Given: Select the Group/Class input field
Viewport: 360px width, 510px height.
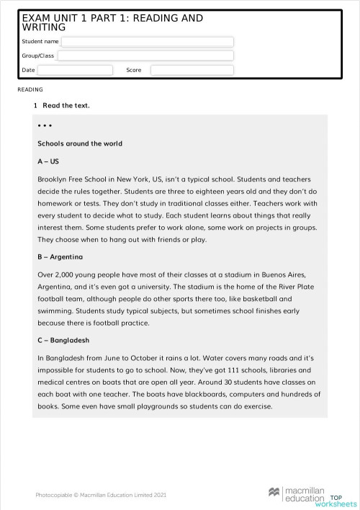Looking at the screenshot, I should coord(145,55).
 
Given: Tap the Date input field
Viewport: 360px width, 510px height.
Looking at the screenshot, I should coord(75,70).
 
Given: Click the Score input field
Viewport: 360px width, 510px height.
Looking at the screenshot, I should coord(192,70).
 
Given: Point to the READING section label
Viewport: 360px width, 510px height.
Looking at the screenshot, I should coord(30,89).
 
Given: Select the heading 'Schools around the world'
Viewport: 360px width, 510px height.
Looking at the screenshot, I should coord(79,143).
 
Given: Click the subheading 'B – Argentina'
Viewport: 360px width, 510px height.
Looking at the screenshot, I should coord(60,256).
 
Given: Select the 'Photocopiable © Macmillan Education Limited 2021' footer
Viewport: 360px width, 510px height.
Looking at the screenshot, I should coord(101,494).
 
